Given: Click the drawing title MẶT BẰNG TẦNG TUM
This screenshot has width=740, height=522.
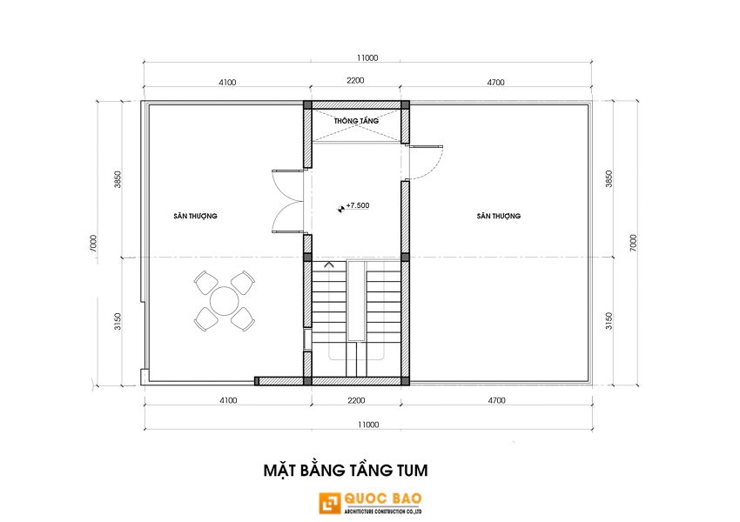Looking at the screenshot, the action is point(346,470).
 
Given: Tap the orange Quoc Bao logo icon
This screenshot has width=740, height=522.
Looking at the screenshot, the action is point(330,503).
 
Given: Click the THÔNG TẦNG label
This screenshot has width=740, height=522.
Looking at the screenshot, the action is point(356,121).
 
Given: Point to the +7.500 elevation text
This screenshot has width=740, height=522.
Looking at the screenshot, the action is point(358,205).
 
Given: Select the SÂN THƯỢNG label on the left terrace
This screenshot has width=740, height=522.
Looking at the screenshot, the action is point(195,216).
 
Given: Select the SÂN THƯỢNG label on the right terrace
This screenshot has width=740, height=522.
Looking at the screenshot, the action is point(498,216).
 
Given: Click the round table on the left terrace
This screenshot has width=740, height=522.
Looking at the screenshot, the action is point(225,301).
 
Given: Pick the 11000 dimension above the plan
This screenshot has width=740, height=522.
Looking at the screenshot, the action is point(367,58).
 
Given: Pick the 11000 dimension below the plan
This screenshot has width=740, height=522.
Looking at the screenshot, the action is point(368,425).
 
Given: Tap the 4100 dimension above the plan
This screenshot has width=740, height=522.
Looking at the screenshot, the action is point(227,83).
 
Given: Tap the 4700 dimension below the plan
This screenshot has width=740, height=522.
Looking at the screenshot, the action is point(496,400).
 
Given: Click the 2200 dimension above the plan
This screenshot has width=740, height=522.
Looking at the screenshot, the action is point(355,81).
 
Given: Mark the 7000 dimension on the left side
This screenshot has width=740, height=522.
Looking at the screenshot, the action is point(93,244).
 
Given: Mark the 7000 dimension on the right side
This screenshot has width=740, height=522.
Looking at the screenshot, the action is point(633,243).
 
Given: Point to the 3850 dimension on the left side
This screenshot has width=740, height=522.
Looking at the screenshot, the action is point(118,179).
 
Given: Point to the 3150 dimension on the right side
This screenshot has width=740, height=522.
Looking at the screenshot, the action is point(609,321).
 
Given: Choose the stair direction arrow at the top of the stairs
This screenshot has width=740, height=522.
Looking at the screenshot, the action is point(329,264).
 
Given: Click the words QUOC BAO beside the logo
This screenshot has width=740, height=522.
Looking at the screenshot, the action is point(383,499).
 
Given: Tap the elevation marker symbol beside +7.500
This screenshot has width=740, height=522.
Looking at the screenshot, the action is point(340,209).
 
